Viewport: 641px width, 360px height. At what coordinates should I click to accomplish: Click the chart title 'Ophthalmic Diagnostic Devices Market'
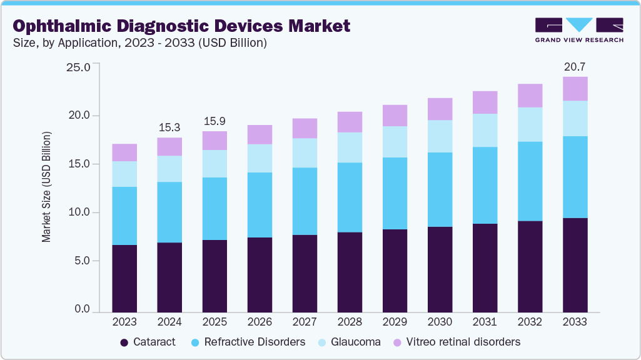181,26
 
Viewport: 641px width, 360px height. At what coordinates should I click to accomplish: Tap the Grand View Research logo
579,29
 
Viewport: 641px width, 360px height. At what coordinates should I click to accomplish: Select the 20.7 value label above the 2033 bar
575,66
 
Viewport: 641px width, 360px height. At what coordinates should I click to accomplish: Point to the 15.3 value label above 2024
169,127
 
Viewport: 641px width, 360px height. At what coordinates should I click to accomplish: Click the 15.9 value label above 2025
215,121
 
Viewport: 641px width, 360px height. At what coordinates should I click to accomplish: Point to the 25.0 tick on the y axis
78,67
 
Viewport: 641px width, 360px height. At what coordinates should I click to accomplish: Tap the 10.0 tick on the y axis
78,212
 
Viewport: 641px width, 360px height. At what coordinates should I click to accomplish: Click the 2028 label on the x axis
350,322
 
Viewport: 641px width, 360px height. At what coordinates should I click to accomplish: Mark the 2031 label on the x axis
485,322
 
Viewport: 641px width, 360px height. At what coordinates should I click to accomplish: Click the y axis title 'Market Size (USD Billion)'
46,187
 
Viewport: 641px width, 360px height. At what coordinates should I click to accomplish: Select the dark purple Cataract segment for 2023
124,278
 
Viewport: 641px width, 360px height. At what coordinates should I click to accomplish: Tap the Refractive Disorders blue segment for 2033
575,177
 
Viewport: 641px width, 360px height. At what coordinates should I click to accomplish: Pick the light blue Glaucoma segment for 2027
305,152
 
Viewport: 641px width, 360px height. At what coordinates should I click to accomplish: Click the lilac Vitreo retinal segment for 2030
440,109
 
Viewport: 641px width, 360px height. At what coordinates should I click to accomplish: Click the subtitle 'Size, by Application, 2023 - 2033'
140,43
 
